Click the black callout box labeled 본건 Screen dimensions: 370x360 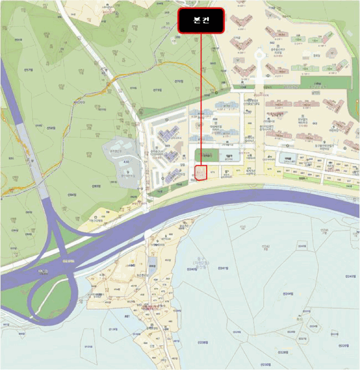pyautogui.click(x=201, y=21)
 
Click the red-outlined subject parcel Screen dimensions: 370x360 pyautogui.click(x=200, y=173)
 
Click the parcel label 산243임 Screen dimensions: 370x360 pyautogui.click(x=350, y=276)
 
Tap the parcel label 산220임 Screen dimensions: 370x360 pyautogui.click(x=343, y=346)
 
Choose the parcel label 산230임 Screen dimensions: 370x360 pyautogui.click(x=264, y=364)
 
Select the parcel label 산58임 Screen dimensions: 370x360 pyautogui.click(x=51, y=128)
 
